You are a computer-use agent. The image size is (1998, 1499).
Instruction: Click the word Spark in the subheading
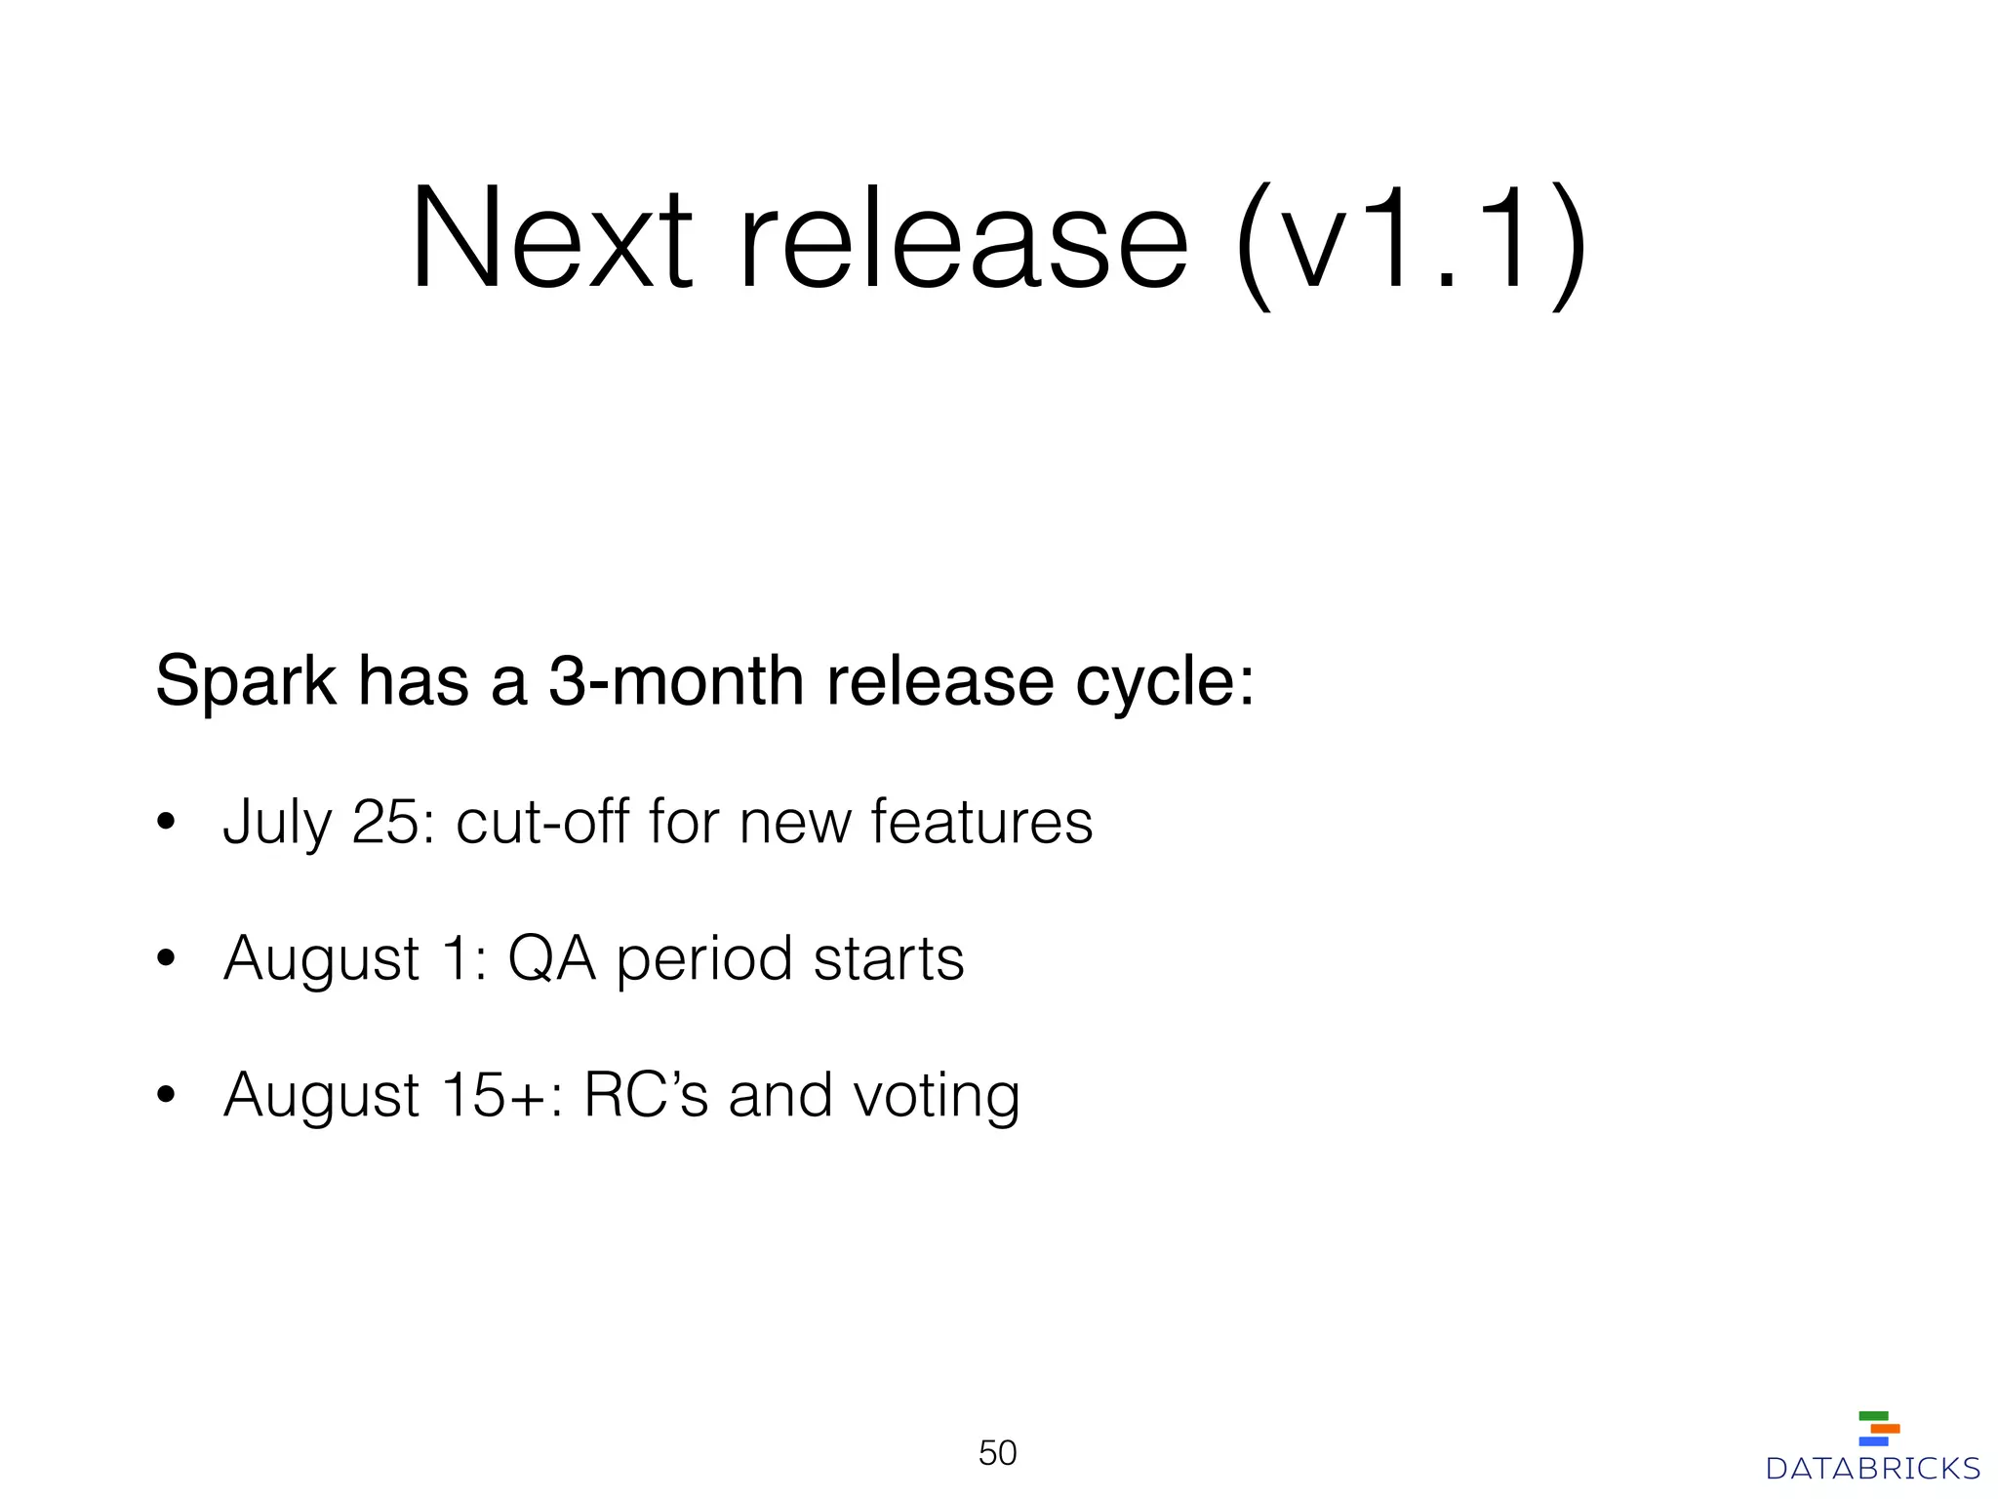coord(246,681)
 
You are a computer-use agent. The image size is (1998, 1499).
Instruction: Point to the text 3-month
coord(676,681)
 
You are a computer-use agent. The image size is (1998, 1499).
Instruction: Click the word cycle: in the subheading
coord(1165,681)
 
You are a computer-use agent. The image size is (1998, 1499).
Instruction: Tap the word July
coord(277,823)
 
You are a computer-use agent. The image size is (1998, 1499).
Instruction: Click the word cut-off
coord(542,823)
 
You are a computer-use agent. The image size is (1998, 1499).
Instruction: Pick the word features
coord(981,823)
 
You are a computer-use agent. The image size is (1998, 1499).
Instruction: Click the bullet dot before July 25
coord(166,823)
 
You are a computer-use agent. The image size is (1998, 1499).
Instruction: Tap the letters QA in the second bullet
coord(551,958)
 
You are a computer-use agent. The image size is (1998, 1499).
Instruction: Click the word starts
coord(889,958)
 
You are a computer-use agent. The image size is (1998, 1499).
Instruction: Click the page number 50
coord(997,1453)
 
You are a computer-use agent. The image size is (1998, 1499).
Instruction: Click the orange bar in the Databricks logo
coord(1885,1429)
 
